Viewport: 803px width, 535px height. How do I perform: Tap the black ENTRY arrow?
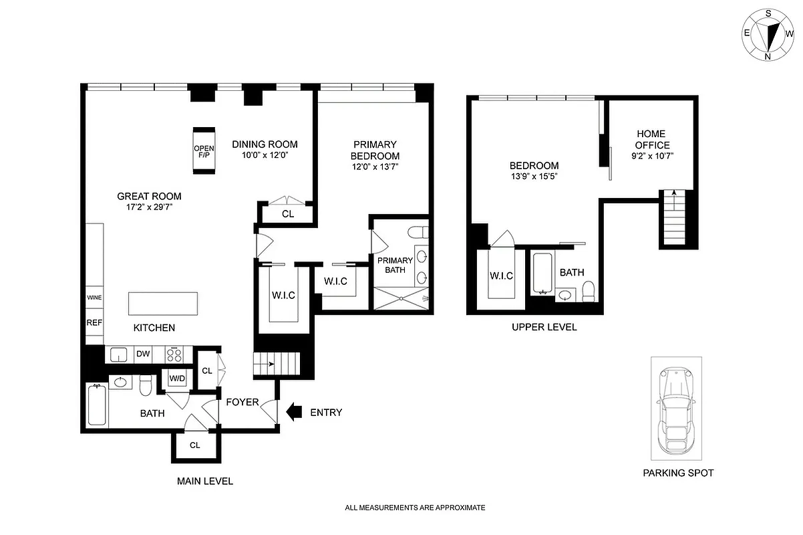click(293, 413)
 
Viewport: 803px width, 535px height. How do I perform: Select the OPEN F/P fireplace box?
click(204, 150)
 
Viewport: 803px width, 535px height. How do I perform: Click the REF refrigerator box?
click(94, 322)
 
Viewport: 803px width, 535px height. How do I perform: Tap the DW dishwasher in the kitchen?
click(143, 354)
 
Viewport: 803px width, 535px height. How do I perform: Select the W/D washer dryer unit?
click(177, 379)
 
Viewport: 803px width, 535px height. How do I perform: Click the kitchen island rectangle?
click(164, 302)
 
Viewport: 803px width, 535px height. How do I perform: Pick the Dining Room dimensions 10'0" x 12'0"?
click(265, 156)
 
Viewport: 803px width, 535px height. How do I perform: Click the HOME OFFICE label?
click(651, 140)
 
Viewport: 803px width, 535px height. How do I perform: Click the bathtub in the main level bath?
click(97, 404)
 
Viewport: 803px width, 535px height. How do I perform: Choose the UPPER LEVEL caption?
click(544, 327)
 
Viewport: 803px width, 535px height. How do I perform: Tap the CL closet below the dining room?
click(287, 214)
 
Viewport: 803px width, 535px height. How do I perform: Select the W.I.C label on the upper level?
click(500, 275)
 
